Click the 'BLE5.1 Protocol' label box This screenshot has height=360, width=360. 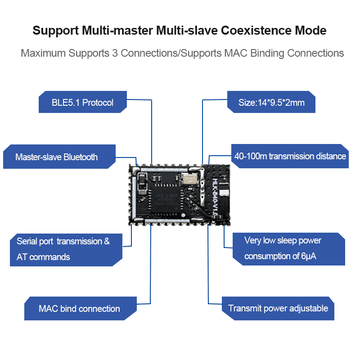coord(82,103)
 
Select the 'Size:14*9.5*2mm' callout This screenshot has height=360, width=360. coord(271,103)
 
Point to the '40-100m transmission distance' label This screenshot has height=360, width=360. coord(290,156)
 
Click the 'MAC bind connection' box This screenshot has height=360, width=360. coord(79,309)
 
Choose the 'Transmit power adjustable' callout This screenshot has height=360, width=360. coord(278,308)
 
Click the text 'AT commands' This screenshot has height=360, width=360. coord(43,257)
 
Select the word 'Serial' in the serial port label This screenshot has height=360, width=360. coord(27,241)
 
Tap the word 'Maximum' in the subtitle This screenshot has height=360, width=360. coord(43,53)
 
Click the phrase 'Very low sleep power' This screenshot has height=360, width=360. coord(283,240)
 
